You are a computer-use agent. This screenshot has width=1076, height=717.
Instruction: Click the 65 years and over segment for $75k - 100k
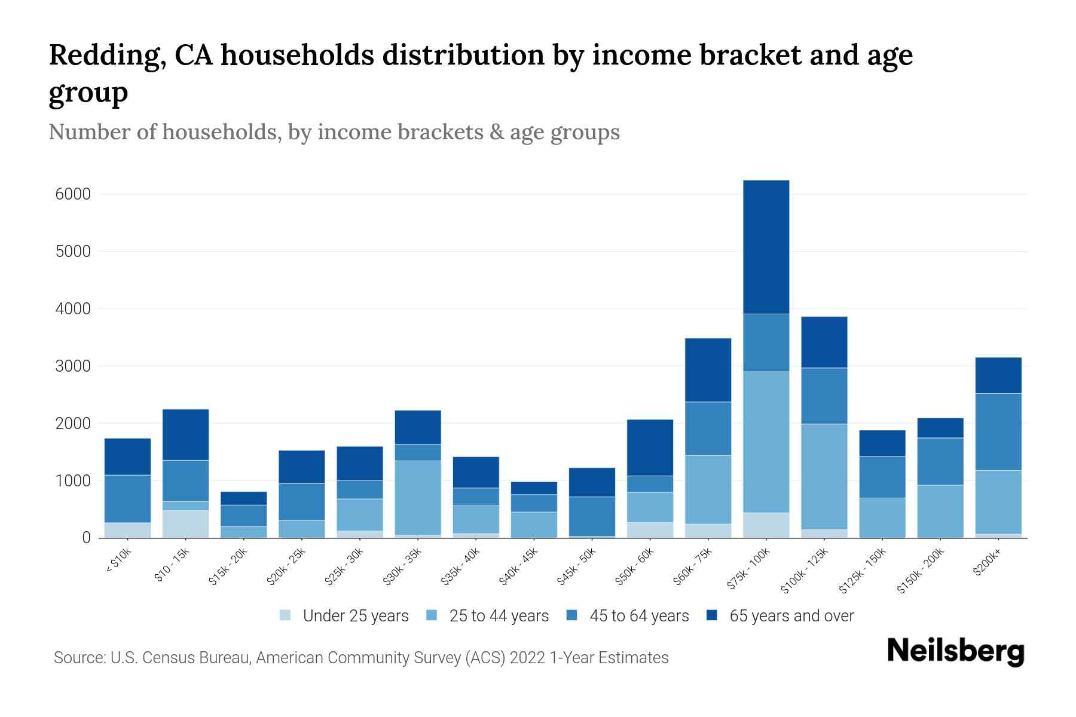766,247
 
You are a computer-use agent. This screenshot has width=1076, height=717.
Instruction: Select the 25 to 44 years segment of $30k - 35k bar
418,497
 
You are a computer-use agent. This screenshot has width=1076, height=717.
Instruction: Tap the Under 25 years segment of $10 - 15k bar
185,523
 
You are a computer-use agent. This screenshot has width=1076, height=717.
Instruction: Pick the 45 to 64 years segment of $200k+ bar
998,431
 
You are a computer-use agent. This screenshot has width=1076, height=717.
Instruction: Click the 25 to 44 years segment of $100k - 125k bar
824,476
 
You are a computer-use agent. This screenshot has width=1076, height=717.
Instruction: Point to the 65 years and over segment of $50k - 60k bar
650,448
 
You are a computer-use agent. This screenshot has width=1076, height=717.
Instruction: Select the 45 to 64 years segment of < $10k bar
127,498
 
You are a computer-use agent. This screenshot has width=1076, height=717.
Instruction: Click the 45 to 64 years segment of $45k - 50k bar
592,516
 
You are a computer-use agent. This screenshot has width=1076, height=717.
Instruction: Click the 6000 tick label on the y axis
73,194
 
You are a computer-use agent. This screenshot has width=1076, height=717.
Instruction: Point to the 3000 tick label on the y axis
73,366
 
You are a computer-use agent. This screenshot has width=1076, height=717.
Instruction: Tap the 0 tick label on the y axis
86,538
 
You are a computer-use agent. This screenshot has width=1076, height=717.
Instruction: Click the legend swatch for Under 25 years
286,615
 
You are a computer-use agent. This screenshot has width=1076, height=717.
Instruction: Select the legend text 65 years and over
791,616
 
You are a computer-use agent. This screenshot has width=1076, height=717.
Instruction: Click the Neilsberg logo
955,651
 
